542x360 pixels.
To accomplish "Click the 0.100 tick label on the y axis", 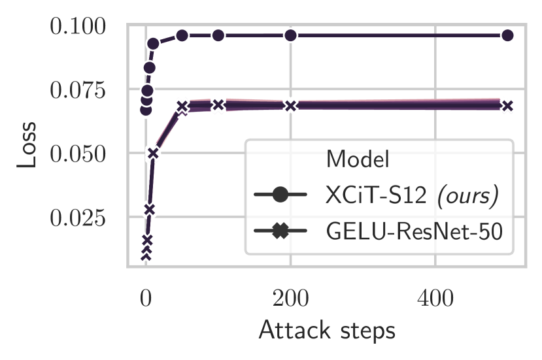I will pos(77,27).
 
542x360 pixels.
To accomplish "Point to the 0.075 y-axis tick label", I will pos(77,90).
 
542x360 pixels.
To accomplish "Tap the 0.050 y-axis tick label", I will pos(77,154).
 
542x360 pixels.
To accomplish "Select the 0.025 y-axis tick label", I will pos(77,218).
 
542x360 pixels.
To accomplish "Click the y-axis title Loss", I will pos(27,145).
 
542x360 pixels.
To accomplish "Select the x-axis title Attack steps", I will pos(327,330).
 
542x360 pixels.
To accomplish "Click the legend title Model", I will pos(358,159).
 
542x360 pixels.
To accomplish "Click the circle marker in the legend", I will pos(280,195).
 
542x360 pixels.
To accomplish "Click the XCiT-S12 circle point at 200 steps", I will pos(291,35).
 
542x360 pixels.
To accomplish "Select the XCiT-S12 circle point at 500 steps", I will pos(507,35).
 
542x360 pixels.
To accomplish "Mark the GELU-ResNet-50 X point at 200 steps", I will pos(291,105).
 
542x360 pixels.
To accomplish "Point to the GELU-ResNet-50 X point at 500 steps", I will pos(507,105).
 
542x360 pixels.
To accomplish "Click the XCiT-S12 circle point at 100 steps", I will pos(218,35).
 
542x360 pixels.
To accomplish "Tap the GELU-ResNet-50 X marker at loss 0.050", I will pos(153,153).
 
